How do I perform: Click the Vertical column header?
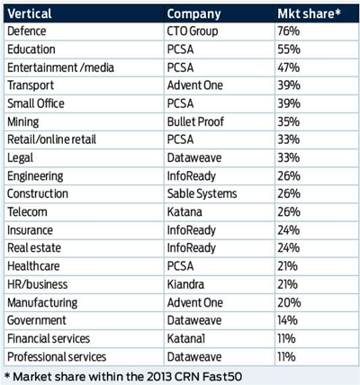[x=30, y=13]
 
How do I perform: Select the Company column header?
[x=193, y=14]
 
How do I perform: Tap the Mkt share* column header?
[x=309, y=13]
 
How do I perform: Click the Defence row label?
[x=27, y=31]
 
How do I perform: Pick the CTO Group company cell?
[x=193, y=31]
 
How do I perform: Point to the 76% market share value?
[x=288, y=31]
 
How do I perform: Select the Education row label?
[x=31, y=49]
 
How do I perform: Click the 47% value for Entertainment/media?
[x=288, y=67]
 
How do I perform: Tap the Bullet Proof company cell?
[x=195, y=121]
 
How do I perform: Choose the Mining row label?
[x=23, y=122]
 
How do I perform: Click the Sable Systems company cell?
[x=202, y=194]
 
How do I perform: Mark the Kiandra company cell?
[x=185, y=284]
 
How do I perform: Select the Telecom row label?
[x=27, y=212]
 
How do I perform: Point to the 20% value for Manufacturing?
[x=289, y=302]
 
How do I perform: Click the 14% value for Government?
[x=287, y=320]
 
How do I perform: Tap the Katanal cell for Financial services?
[x=186, y=338]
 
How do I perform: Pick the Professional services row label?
[x=57, y=357]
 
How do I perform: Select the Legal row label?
[x=20, y=158]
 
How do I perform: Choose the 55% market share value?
[x=289, y=49]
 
